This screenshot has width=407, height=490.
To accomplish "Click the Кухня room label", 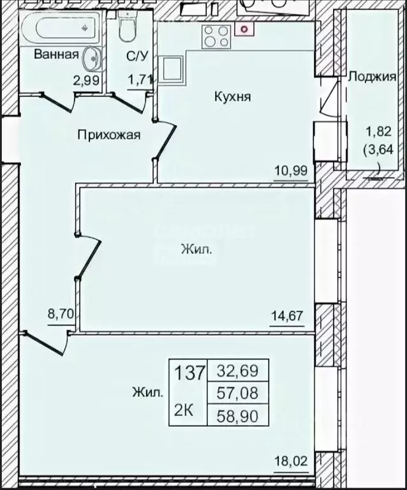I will point(232,98).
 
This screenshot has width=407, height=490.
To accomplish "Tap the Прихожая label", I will point(109,135).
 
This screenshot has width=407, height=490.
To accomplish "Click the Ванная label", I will point(56,54).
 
